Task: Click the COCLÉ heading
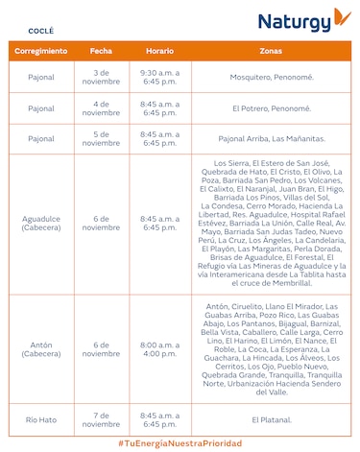pos(29,31)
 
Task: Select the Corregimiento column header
pos(41,50)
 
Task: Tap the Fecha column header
pos(101,50)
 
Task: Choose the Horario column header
pos(159,50)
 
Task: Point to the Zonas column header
pos(271,50)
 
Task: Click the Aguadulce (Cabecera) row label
pos(41,224)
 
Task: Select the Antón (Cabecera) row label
pos(41,349)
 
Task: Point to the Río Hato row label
pos(41,419)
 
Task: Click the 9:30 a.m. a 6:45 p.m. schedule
pos(159,77)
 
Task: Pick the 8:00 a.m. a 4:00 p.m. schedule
pos(159,349)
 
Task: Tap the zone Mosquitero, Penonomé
pos(271,77)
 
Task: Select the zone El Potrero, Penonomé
pos(271,108)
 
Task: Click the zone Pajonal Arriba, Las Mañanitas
pos(271,139)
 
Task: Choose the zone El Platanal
pos(271,419)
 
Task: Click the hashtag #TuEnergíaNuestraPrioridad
pos(180,442)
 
